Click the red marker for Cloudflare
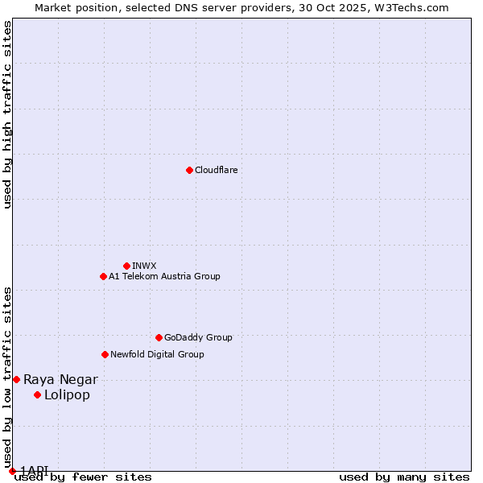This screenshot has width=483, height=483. [189, 170]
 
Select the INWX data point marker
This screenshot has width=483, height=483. [126, 266]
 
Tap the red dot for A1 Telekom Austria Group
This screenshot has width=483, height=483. [103, 276]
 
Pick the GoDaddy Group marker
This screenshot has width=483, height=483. [159, 337]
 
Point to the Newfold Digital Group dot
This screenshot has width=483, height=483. [105, 354]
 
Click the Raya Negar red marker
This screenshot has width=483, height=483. [16, 379]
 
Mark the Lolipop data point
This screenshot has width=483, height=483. [37, 394]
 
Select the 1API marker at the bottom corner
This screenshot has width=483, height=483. [12, 471]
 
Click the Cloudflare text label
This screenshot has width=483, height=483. [216, 170]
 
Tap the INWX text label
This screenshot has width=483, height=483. [144, 266]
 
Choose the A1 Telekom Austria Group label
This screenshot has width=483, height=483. [164, 276]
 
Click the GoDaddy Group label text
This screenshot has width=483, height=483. [198, 337]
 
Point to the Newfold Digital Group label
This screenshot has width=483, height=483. [157, 354]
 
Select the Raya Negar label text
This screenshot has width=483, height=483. [60, 379]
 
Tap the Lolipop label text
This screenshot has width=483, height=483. [67, 394]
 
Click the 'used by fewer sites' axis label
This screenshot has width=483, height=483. [83, 477]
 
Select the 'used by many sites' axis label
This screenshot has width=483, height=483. [404, 477]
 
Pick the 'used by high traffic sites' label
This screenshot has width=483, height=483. [8, 114]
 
